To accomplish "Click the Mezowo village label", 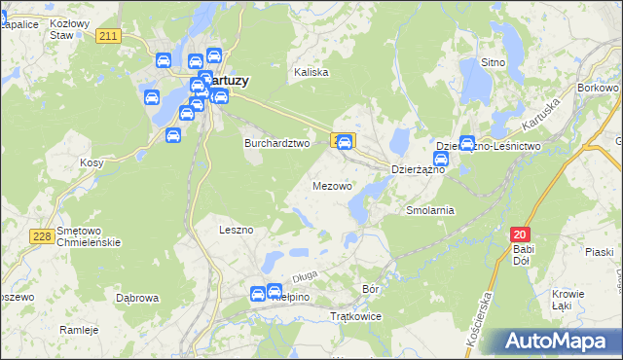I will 332,185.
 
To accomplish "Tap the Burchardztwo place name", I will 275,142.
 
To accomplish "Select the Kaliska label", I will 311,72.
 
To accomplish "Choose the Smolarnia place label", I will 430,209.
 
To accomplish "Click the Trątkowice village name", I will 355,317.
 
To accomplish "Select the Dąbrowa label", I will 136,298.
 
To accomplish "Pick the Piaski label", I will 599,251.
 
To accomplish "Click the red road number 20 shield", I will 520,234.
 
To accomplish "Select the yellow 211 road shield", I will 109,36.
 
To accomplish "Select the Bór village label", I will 370,289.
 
